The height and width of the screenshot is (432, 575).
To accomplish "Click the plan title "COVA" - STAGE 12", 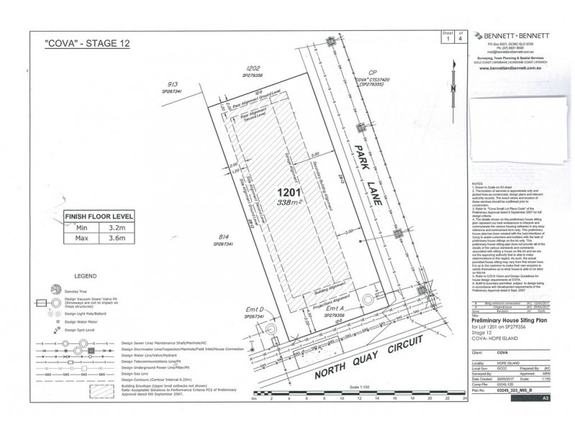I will [x=87, y=43].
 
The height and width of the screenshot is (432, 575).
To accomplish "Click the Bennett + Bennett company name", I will [x=513, y=35].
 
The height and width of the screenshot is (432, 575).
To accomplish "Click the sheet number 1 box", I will [x=446, y=40].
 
